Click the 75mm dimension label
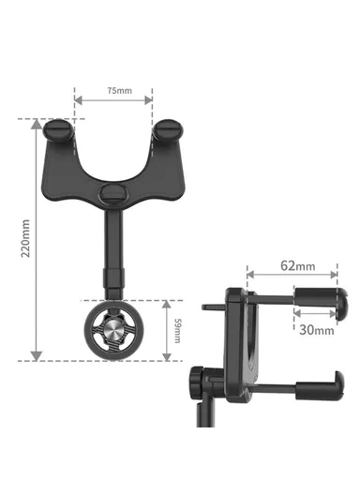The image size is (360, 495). (x=118, y=90)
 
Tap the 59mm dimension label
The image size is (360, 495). (x=179, y=329)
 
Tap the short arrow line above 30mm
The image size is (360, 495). (x=317, y=317)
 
